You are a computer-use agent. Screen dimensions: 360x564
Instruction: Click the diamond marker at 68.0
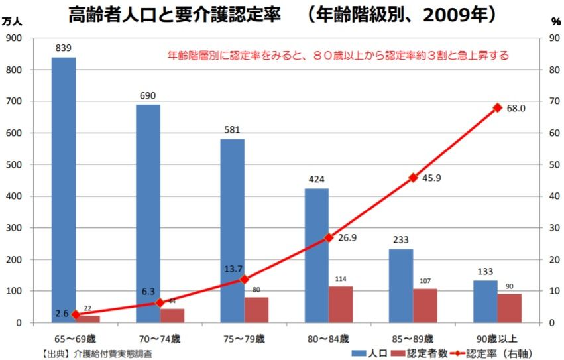tap(497, 107)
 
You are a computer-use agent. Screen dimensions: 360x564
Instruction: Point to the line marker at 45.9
tap(413, 178)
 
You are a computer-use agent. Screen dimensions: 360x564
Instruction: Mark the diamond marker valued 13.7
tap(244, 280)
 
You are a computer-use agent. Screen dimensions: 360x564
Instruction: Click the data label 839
tap(64, 48)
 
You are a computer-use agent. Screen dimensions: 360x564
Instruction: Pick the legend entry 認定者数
tap(420, 353)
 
